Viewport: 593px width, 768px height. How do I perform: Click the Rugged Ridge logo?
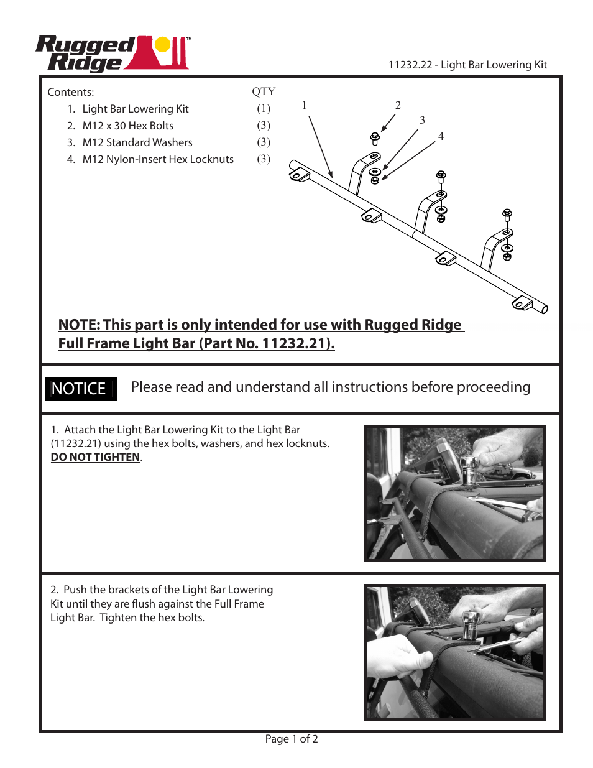pos(113,53)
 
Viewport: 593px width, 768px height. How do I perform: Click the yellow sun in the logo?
pos(162,44)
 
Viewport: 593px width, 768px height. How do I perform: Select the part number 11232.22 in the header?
pos(410,65)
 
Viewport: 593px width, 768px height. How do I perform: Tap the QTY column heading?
pos(264,91)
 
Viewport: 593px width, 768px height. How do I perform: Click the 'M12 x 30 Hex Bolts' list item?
pos(127,126)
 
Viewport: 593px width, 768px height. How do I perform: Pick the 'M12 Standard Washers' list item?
pos(137,142)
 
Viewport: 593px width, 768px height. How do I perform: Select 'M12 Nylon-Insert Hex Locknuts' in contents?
pos(157,159)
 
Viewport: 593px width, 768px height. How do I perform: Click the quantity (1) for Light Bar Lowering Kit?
pos(264,108)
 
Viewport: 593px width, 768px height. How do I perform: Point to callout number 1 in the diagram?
pos(304,105)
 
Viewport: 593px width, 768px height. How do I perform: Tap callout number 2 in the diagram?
pos(398,105)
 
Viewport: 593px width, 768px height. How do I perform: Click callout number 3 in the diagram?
pos(422,120)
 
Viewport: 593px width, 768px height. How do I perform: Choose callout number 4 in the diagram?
pos(441,136)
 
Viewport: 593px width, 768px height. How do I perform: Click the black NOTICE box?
pos(81,389)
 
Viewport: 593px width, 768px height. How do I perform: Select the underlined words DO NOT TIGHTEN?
pos(95,457)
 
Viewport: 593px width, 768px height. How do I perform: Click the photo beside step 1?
pos(454,493)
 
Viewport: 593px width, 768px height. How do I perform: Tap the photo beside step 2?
pos(454,652)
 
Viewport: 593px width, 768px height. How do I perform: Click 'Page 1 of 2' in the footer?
pos(292,739)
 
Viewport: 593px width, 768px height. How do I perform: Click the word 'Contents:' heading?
pos(71,92)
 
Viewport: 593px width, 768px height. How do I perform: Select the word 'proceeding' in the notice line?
pos(494,387)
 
